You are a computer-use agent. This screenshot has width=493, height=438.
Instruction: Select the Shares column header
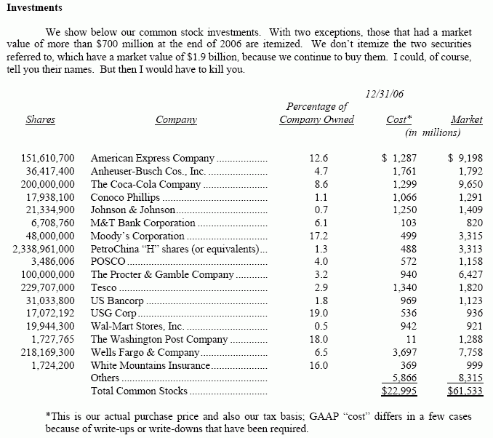(x=41, y=120)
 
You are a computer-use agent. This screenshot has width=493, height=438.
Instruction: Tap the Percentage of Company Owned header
(x=316, y=113)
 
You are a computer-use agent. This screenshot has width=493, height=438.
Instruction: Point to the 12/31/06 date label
(x=386, y=94)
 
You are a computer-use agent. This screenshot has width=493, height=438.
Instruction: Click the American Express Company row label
(x=153, y=158)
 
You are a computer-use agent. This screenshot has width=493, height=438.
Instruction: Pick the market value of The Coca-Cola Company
(x=466, y=184)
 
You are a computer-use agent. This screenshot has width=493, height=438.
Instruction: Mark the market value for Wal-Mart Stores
(x=471, y=326)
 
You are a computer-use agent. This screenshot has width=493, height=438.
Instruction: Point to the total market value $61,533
(x=465, y=391)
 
